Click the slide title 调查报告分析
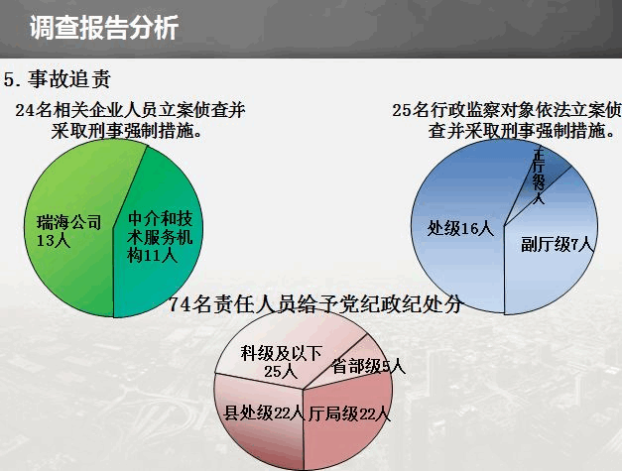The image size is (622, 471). pos(104,28)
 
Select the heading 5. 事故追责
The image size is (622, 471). pos(58,79)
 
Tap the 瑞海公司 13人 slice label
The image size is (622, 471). pos(69,231)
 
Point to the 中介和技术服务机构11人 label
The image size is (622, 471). pos(160,237)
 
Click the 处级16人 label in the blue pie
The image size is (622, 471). pos(460,229)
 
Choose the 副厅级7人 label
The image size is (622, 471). pos(558,244)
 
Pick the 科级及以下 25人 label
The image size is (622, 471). pos(281,362)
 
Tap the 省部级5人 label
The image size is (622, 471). pos(369,366)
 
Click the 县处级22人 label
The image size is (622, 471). pos(263,413)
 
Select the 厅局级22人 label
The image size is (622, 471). pos(349,414)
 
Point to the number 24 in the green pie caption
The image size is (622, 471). pos(25,110)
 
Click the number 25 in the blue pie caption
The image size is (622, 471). pos(402,110)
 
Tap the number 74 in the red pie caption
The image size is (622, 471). pos(180,304)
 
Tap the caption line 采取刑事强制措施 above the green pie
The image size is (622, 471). pos(127,131)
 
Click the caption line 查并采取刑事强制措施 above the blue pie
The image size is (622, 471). pos(522,131)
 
